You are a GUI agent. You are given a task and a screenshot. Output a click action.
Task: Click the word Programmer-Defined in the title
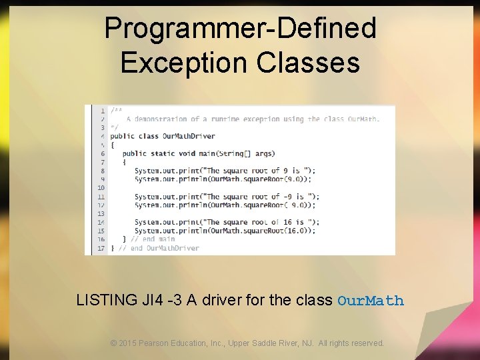pos(240,29)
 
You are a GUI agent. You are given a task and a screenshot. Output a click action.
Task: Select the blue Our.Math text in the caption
pos(371,301)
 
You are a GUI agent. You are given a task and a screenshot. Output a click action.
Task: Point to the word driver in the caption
pos(221,300)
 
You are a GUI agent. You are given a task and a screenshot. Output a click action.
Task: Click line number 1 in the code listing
pos(102,111)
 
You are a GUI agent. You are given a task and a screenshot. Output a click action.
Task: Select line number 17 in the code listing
pos(101,248)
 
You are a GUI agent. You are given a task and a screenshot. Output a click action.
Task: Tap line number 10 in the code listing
pos(101,188)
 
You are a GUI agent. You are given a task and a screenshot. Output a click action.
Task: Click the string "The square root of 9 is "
pos(261,171)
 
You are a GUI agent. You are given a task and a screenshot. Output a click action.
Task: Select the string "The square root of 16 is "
pos(263,222)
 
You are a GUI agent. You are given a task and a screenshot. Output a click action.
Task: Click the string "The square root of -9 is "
pos(263,197)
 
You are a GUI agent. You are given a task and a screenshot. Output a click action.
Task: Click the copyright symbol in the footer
pos(114,343)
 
